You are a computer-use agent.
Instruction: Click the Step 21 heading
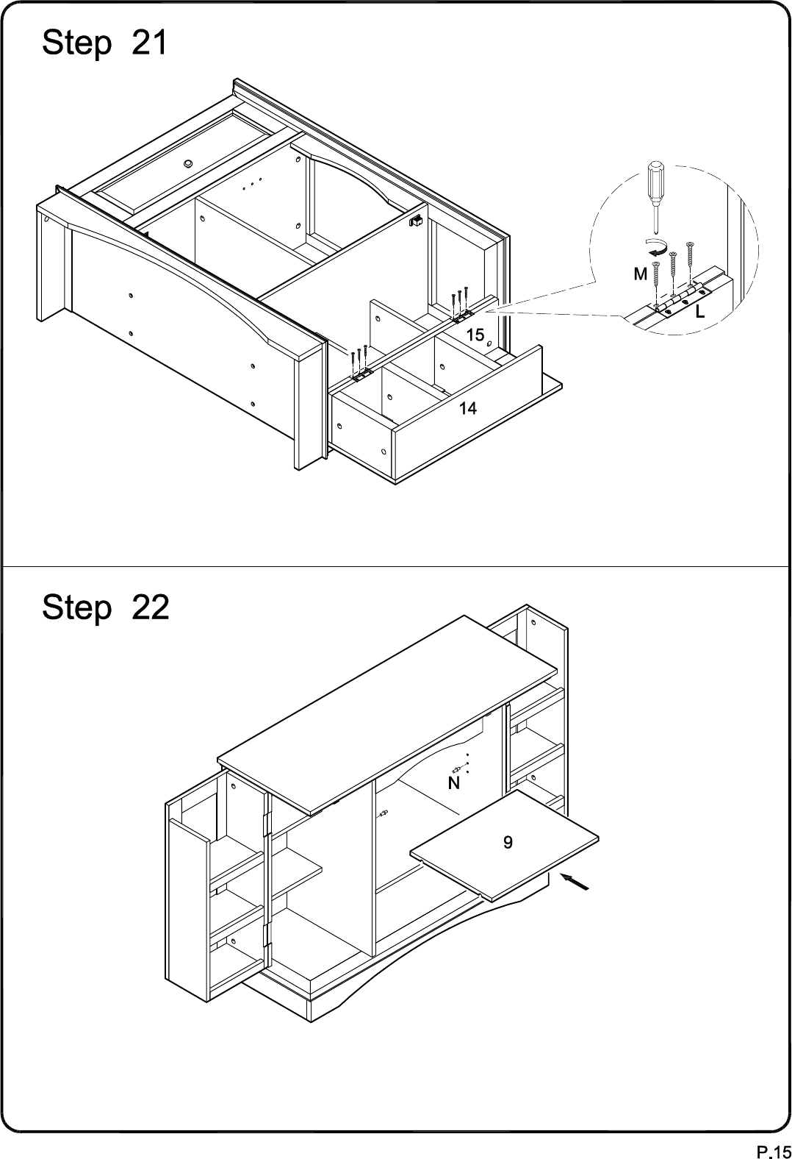(105, 43)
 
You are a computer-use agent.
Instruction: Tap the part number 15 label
(475, 335)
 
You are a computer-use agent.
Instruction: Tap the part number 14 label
(468, 409)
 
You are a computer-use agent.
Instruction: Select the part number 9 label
(508, 842)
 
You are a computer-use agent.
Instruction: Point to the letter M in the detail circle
(641, 274)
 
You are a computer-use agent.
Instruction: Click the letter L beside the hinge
(700, 312)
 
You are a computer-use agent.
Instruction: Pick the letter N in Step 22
(454, 783)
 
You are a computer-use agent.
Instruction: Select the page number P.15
(774, 1150)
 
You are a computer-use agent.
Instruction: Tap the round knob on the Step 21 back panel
(187, 163)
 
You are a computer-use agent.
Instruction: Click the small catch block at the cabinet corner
(416, 221)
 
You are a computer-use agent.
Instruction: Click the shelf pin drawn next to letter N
(458, 769)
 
